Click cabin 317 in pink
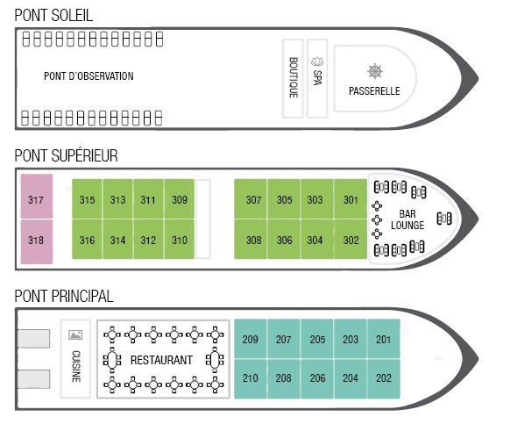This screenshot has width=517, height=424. [37, 196]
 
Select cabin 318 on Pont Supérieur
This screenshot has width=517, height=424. [37, 241]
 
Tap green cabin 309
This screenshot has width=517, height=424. [180, 198]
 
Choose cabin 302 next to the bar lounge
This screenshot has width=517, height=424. [351, 239]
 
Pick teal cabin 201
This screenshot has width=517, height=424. [384, 339]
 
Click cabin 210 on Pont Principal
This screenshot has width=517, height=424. [251, 378]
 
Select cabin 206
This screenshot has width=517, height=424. [317, 378]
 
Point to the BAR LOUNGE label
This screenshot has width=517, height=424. [407, 219]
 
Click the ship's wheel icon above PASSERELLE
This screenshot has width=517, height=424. [375, 71]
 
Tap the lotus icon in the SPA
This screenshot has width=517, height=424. [317, 61]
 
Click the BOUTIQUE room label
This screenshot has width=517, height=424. [294, 77]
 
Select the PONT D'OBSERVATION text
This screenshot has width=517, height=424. [89, 76]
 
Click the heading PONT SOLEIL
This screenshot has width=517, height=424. [53, 15]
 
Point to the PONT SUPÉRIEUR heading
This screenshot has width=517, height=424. [67, 155]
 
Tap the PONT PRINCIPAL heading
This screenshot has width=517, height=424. [64, 296]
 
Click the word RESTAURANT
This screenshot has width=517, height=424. [161, 360]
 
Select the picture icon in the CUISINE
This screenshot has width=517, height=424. [75, 334]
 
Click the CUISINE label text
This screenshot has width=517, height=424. [76, 367]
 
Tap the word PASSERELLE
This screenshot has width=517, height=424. [374, 90]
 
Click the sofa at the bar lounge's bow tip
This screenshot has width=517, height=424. [444, 219]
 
